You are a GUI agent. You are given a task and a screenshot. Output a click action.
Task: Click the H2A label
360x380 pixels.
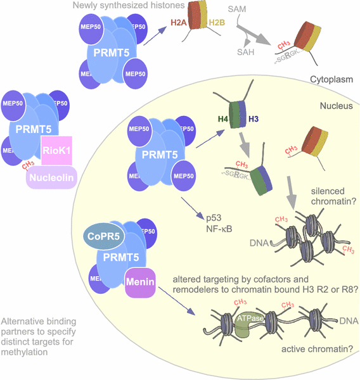178,24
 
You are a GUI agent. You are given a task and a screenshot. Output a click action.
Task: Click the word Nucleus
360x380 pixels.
336,106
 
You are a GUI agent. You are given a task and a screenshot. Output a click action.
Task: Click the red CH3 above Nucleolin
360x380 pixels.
28,165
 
